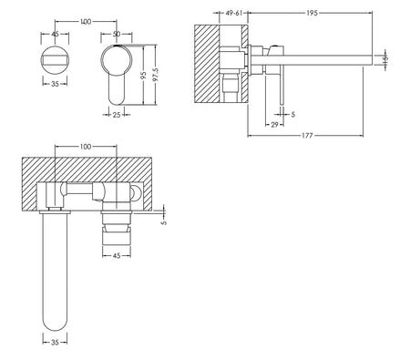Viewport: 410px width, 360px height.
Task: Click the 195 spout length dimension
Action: (312, 13)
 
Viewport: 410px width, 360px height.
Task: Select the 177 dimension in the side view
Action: (307, 136)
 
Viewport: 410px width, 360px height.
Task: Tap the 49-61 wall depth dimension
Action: (234, 13)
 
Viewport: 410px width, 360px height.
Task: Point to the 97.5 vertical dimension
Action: (155, 75)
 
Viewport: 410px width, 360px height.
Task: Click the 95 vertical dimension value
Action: (144, 75)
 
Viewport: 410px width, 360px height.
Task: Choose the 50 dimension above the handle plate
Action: (117, 34)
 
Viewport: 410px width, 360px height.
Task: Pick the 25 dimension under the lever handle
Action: (117, 115)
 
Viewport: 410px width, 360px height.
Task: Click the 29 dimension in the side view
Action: (274, 125)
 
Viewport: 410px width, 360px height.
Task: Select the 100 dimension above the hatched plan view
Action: (86, 147)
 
